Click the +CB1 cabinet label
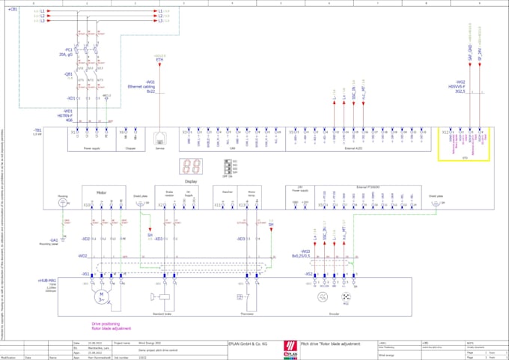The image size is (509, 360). pos(13,8)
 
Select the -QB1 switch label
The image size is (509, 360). pos(68,75)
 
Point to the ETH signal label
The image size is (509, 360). pos(159,59)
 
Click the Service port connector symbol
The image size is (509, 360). pos(159,138)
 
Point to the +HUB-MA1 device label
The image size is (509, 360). pos(47,280)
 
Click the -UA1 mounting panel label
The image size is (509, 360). pos(53,240)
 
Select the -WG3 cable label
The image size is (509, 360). pos(305,252)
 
